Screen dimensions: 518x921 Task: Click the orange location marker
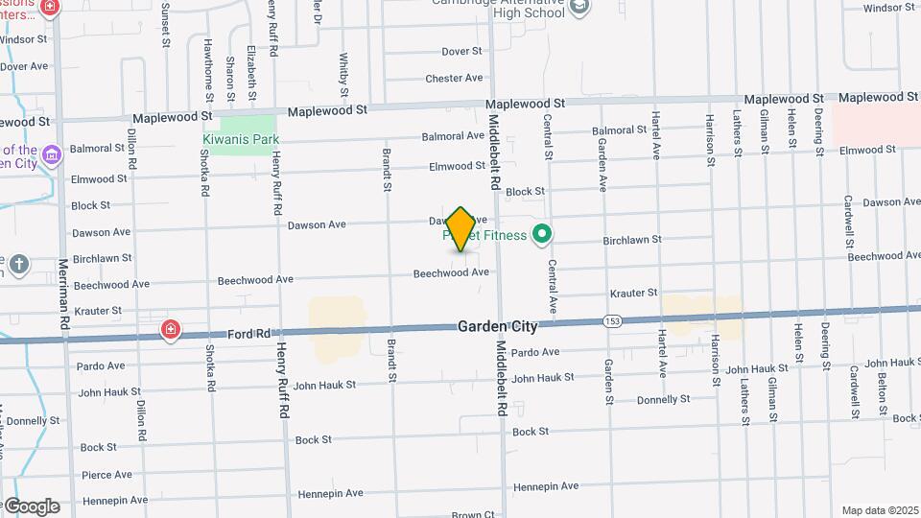click(461, 228)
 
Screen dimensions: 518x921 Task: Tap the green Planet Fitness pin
click(542, 234)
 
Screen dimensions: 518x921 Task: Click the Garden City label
click(497, 327)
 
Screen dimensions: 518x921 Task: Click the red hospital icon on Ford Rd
click(171, 330)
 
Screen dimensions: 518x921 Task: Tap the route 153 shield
click(611, 320)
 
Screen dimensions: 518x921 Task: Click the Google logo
click(32, 506)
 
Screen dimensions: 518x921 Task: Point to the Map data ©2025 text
click(879, 510)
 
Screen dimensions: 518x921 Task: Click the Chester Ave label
click(454, 79)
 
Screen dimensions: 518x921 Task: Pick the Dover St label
click(461, 52)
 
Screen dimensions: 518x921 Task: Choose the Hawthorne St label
click(208, 69)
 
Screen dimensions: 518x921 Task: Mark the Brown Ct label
click(473, 514)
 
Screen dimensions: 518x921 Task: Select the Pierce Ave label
click(106, 474)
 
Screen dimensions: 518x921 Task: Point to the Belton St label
click(880, 393)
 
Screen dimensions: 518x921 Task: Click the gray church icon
click(20, 263)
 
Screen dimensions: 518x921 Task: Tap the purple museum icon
click(52, 153)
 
